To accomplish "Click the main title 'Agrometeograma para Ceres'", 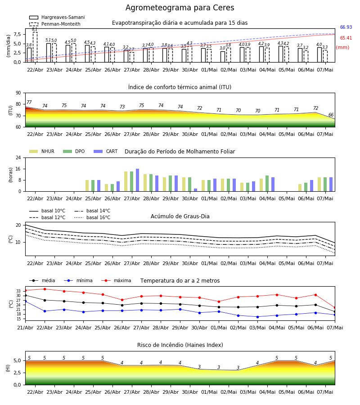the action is (x=180, y=8).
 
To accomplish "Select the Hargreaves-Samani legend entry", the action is (x=57, y=17).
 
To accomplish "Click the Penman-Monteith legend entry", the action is (x=55, y=24).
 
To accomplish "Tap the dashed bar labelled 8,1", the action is (x=35, y=47).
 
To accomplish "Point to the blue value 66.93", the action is (x=346, y=27).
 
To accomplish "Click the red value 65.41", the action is (x=346, y=38).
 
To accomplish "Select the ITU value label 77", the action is (x=29, y=102).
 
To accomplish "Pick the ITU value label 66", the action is (x=331, y=115).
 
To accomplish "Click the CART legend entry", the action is (x=106, y=151).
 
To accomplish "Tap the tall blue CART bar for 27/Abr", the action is (x=137, y=180).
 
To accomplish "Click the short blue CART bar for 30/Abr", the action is (x=195, y=190).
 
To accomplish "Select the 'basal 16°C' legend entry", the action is (x=92, y=217).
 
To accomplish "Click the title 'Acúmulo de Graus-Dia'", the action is (x=180, y=216).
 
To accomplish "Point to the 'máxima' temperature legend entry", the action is (x=116, y=280).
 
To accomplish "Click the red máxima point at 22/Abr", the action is (x=45, y=289).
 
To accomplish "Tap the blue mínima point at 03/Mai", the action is (x=257, y=317).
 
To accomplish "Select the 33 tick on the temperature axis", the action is (x=18, y=291).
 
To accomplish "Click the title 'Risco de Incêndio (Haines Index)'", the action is (x=180, y=345).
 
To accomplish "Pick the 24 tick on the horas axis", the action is (x=18, y=157).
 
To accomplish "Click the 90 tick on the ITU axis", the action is (x=18, y=93).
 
